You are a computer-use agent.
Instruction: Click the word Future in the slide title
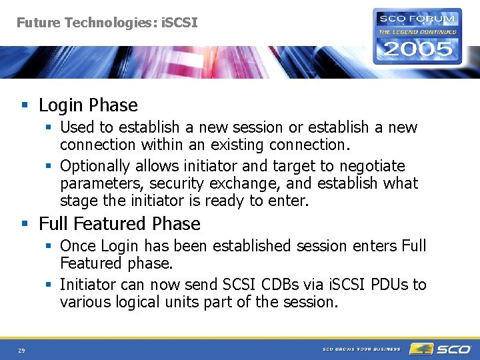37,23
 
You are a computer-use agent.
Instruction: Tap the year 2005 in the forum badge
417,49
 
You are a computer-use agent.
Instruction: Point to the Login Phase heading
88,105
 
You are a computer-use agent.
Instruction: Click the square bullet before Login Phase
25,105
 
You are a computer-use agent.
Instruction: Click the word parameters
102,183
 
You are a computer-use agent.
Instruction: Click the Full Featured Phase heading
119,224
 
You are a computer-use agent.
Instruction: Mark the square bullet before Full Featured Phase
25,224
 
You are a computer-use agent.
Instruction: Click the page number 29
22,350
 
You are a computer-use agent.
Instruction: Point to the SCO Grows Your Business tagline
361,349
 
